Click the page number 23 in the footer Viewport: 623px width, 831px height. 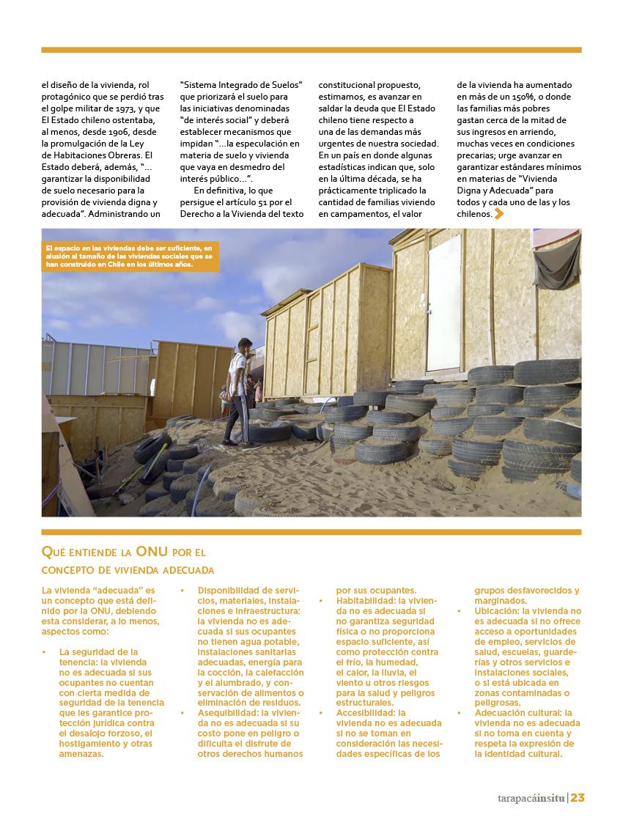click(578, 798)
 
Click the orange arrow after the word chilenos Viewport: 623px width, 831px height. click(499, 214)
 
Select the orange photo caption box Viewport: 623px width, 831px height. click(130, 256)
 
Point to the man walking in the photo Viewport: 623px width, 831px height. click(239, 392)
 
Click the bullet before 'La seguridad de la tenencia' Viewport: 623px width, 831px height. click(45, 652)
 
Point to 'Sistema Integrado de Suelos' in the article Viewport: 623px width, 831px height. click(241, 85)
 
